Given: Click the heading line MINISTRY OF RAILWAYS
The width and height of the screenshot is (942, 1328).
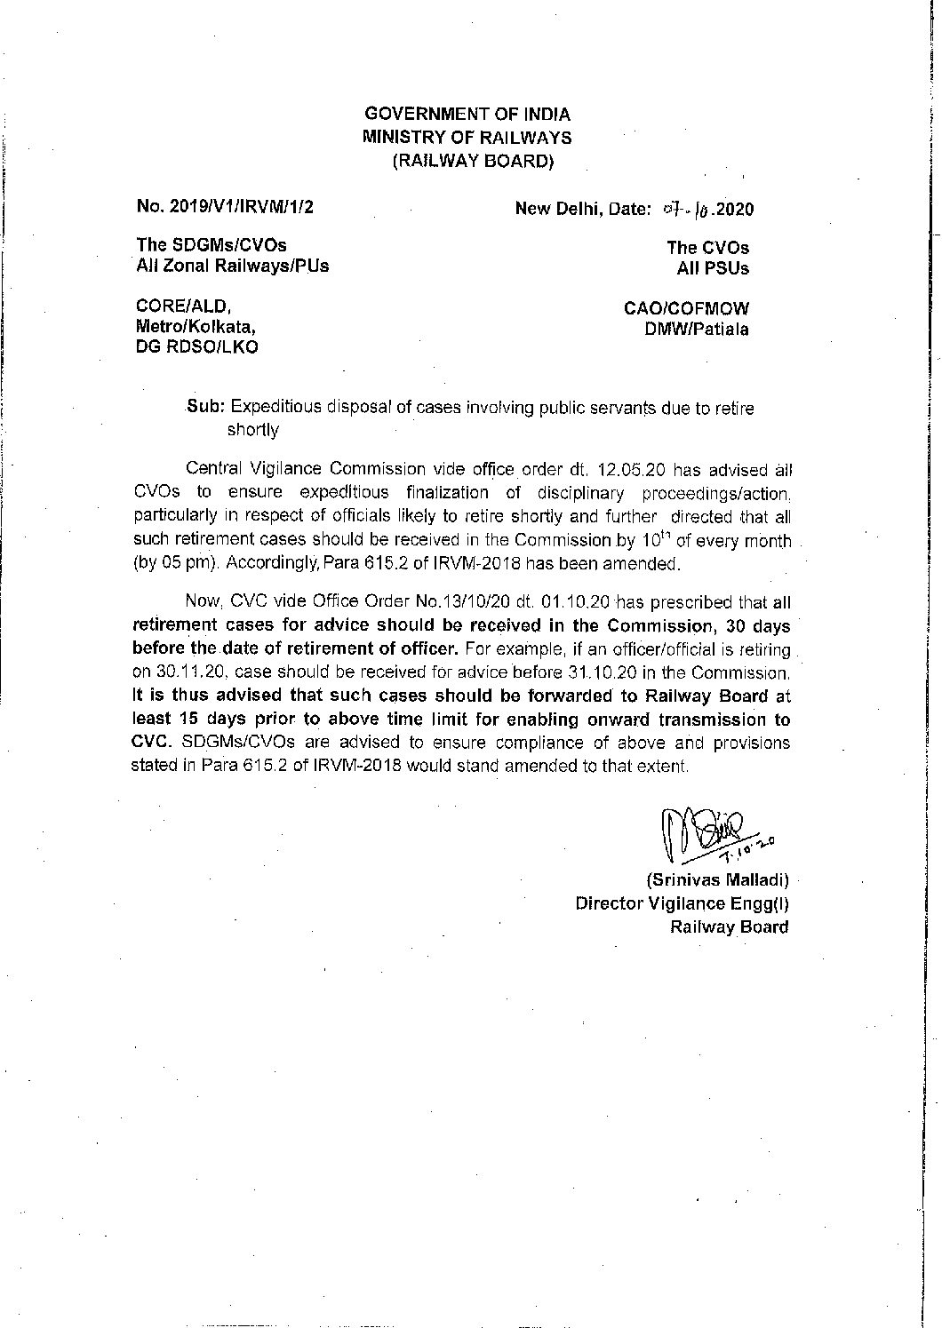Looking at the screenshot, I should [467, 138].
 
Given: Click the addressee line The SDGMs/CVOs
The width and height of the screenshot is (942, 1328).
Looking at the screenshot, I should [212, 246].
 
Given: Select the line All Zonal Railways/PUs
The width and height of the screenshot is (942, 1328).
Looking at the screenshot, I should [232, 266].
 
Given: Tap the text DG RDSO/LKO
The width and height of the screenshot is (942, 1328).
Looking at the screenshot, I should [196, 347].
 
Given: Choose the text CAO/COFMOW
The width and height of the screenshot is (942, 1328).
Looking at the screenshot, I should [687, 309].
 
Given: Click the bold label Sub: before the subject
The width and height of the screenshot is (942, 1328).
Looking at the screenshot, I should [206, 408].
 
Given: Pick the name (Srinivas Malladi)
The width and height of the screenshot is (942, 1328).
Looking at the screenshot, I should [716, 881].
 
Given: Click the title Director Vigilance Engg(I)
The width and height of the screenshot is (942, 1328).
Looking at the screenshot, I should [682, 904].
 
